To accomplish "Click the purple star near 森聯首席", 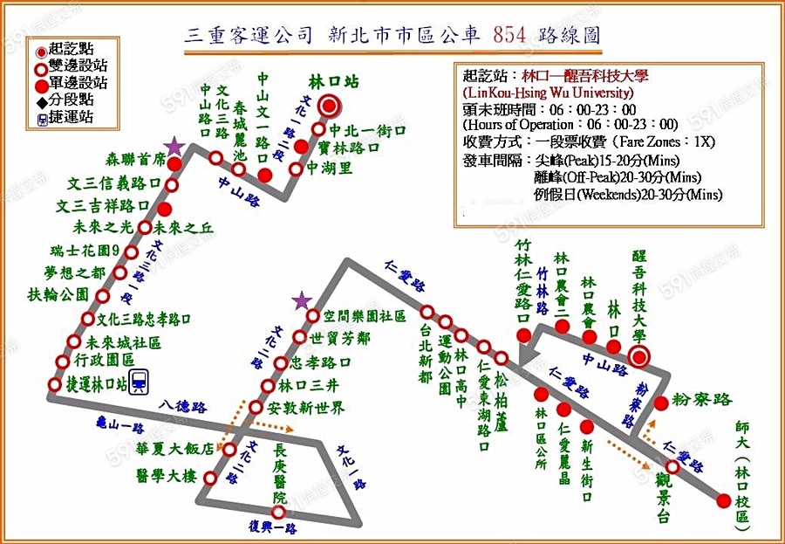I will (175, 146).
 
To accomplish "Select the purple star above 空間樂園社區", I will (302, 301).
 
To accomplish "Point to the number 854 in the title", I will (509, 35).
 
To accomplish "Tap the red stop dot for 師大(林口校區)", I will (723, 499).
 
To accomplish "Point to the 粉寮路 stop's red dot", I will (661, 403).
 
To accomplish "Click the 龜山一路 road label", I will (119, 427).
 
